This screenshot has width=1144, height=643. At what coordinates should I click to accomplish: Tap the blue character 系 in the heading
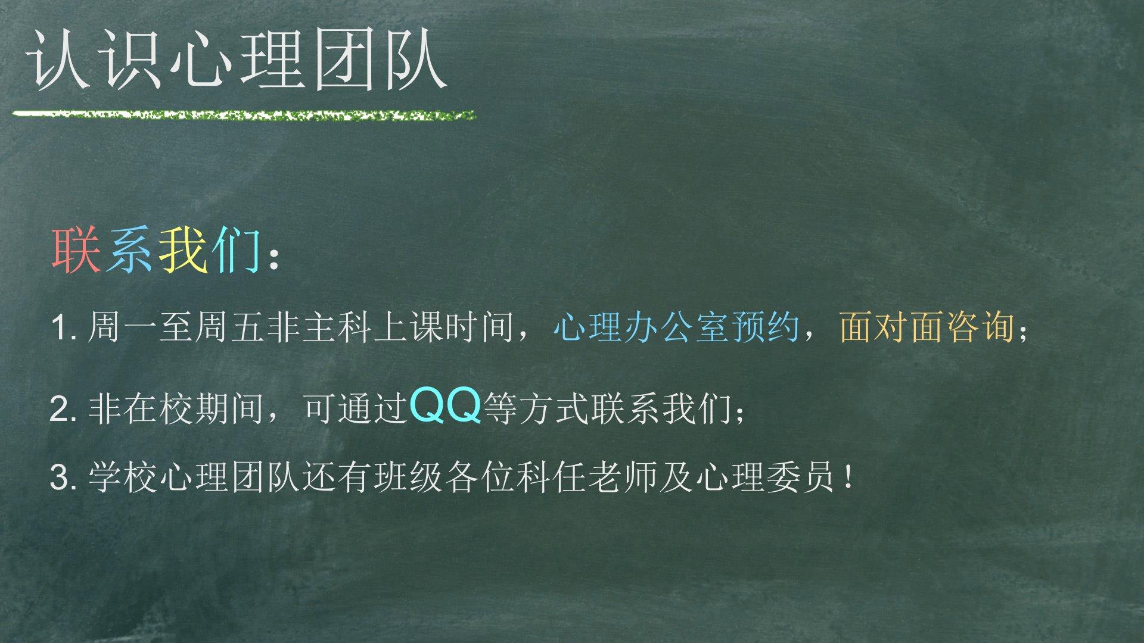point(129,250)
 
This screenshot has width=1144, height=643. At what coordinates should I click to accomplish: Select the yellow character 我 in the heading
point(182,250)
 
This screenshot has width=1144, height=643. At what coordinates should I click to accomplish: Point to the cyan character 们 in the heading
point(236,250)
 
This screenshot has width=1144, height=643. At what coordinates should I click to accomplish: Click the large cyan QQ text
point(446,405)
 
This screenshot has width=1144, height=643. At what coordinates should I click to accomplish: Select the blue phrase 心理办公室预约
point(677,327)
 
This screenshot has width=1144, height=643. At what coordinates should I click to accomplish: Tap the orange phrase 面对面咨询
point(927,327)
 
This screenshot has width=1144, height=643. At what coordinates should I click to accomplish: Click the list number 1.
point(60,327)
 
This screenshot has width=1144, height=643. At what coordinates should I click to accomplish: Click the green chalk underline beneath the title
point(244,115)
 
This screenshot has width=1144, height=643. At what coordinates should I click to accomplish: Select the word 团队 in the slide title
point(379,60)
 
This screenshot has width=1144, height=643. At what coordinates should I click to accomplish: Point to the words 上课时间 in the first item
point(444,327)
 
